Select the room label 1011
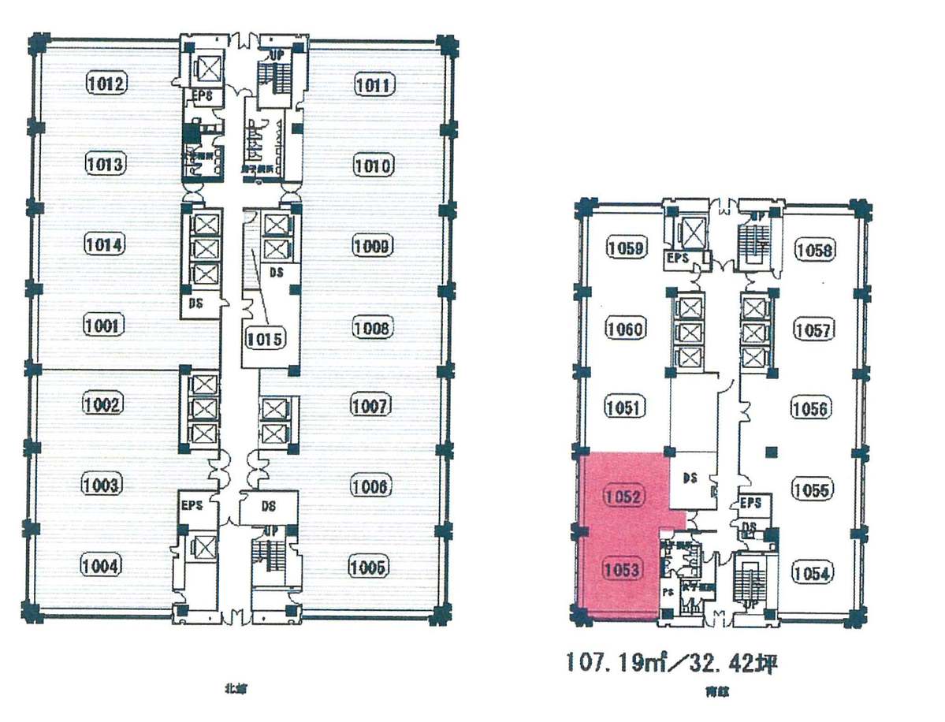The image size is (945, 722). tap(373, 84)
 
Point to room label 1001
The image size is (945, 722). tap(104, 325)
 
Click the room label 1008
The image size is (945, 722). tap(371, 326)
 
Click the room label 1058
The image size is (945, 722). tap(813, 250)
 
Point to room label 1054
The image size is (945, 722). tap(812, 573)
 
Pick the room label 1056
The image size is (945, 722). tap(810, 408)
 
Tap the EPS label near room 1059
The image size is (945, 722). tap(678, 258)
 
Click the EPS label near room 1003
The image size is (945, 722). tap(192, 505)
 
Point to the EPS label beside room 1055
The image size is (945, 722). tap(750, 502)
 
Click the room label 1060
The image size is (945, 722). tap(626, 329)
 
